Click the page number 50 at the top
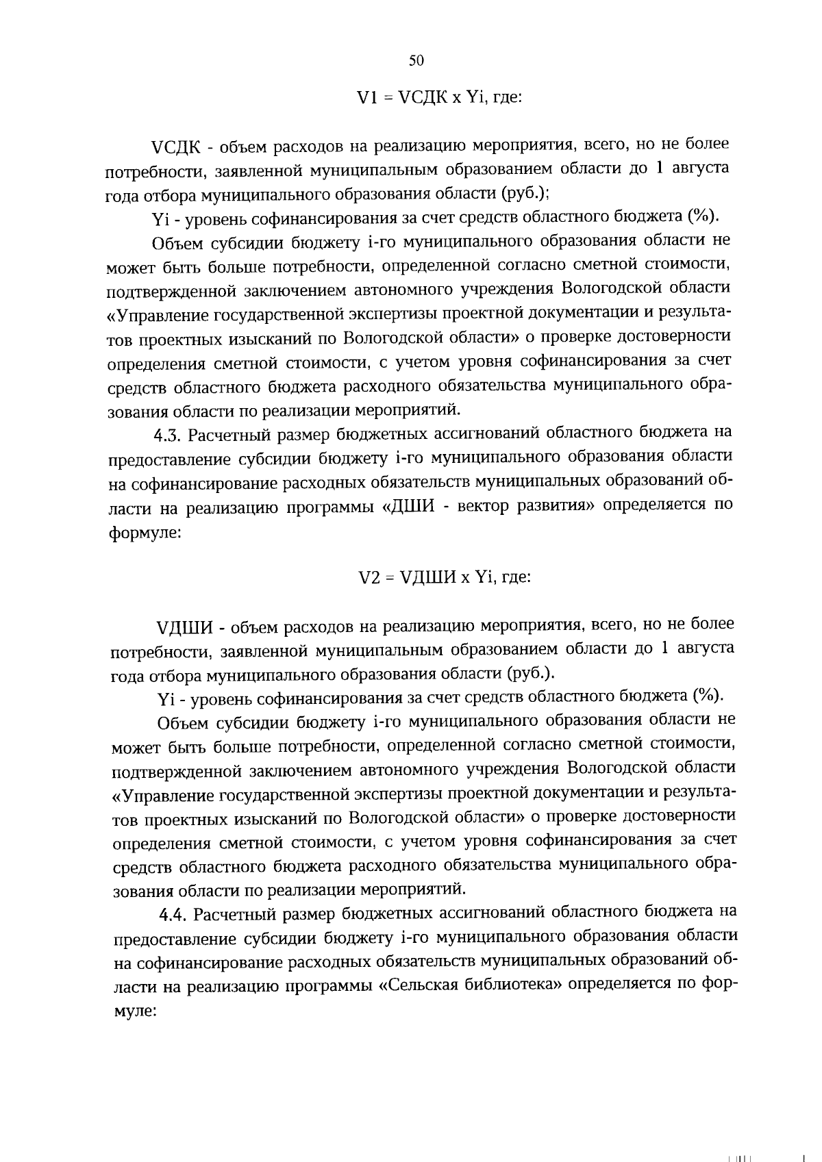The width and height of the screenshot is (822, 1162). point(416,60)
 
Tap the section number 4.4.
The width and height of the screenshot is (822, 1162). point(174,913)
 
